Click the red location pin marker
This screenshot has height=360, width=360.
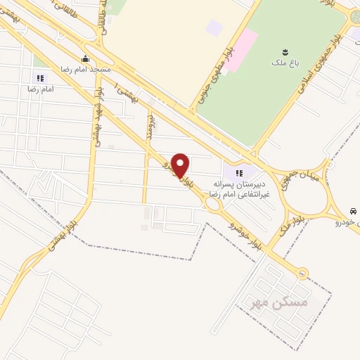[x=181, y=166]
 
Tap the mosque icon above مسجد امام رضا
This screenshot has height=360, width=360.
[x=85, y=58]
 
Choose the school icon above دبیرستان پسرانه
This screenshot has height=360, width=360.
[x=238, y=172]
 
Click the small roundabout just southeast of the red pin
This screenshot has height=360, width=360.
[x=212, y=205]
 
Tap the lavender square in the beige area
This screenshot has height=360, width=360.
[x=214, y=29]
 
